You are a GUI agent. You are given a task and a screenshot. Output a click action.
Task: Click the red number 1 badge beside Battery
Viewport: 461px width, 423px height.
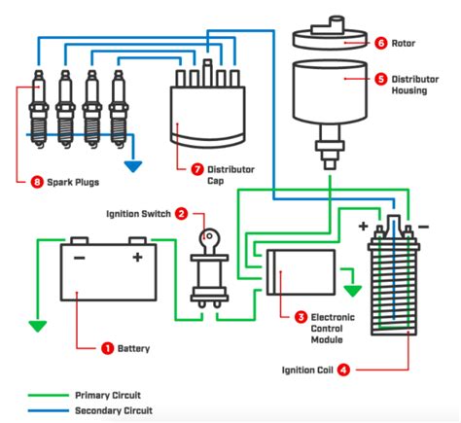(107, 347)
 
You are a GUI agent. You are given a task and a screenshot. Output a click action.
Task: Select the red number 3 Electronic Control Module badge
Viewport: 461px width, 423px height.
(301, 316)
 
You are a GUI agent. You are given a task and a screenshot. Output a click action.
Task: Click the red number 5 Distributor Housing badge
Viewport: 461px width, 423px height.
(382, 77)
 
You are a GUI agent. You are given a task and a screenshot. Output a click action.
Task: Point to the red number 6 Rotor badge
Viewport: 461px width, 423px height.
(382, 43)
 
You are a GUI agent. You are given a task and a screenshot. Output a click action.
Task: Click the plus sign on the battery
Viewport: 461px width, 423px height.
(137, 258)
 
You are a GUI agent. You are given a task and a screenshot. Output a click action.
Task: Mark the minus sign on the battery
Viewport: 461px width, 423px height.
(79, 258)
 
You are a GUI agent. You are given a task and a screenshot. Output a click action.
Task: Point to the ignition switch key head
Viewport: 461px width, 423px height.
(208, 236)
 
